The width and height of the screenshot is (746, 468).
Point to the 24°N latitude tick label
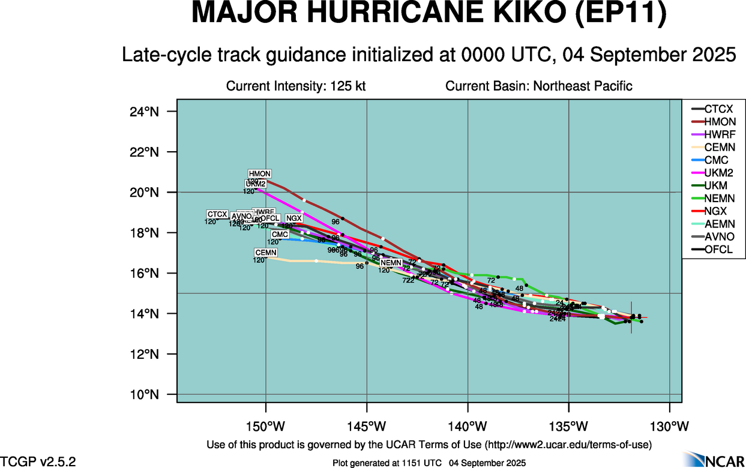point(144,112)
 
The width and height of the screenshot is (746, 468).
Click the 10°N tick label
point(144,395)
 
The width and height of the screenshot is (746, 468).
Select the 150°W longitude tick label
point(266,427)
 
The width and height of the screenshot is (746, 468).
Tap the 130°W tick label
point(670,427)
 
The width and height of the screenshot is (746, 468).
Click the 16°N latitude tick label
point(144,274)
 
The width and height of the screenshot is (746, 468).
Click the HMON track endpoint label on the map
point(260,174)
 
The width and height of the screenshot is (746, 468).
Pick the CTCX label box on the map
point(217,214)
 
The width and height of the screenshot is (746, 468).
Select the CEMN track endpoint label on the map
point(266,253)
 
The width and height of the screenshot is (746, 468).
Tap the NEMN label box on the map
point(391,263)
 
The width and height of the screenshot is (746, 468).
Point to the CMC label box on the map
point(280,235)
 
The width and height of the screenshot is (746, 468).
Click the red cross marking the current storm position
point(631,317)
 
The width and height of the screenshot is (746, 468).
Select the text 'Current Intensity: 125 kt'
point(296,86)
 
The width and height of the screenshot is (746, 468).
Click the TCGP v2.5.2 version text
point(38,461)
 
